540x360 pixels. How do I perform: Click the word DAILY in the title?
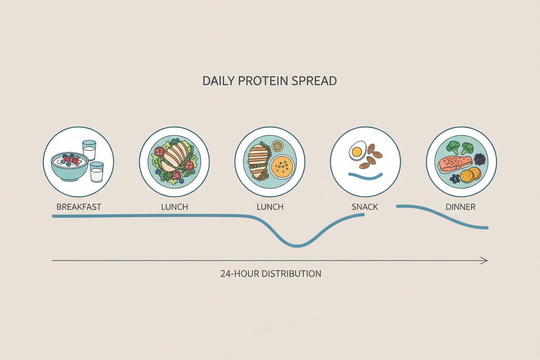(219, 81)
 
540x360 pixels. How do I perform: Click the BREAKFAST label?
(79, 207)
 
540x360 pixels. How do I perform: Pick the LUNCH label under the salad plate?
(174, 207)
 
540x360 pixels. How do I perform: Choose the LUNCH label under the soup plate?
(270, 207)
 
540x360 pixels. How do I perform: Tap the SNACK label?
(365, 207)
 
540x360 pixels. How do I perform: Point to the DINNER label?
(460, 207)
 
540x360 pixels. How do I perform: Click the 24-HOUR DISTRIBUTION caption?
(270, 273)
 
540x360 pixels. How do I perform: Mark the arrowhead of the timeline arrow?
(484, 260)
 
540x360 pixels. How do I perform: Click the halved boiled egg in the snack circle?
(357, 151)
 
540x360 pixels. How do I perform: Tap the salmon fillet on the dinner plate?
(454, 164)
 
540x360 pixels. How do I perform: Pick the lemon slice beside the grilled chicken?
(277, 146)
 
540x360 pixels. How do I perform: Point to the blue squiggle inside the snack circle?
(366, 176)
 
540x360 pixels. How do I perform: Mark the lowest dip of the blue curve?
(297, 246)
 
